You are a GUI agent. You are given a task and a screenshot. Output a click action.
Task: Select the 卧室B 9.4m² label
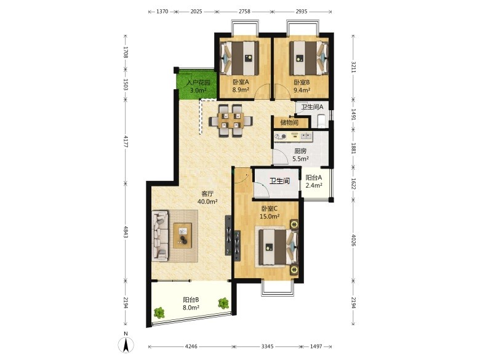coord(302,86)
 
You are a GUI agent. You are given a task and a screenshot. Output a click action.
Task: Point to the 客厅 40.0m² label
coord(207,198)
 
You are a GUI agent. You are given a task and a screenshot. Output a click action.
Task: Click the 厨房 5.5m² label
coord(300,155)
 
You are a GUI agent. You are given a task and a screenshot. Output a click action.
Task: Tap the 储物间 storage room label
coord(289,122)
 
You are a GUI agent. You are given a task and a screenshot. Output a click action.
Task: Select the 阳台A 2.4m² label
coord(314,181)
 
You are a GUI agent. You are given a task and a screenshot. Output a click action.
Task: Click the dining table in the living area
coord(231,121)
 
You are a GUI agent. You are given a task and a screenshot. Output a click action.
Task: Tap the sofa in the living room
coord(160,236)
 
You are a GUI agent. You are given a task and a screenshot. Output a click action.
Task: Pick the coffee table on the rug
coord(182,236)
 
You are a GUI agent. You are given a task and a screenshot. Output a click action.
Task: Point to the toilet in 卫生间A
coord(322,121)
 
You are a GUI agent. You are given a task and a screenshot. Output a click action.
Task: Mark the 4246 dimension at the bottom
coord(191,346)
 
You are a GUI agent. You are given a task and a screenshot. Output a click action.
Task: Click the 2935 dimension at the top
coord(302,12)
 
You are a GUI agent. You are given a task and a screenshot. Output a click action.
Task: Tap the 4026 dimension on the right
coord(353,240)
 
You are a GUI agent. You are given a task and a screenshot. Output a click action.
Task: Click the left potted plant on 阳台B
coord(159,313)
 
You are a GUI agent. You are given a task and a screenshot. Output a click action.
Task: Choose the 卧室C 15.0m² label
coord(270,212)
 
